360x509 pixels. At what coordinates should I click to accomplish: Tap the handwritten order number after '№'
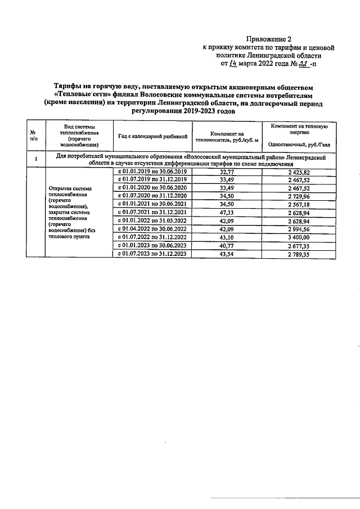tap(302, 64)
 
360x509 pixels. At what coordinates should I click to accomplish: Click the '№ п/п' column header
tap(35, 136)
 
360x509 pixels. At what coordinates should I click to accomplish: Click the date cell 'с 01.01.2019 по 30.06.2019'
tap(152, 171)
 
